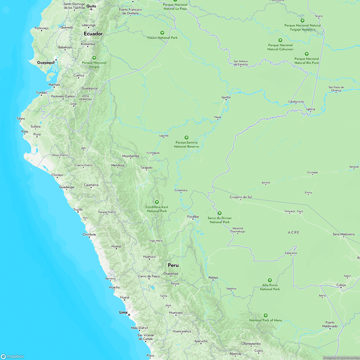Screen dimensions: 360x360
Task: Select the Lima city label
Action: point(124,313)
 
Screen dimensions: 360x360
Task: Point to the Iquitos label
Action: point(226,97)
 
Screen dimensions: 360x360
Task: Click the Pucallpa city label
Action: point(193,217)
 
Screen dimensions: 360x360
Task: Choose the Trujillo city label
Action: point(78,209)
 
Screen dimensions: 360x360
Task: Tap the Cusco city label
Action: point(259,351)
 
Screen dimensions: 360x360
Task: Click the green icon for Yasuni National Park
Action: point(162,32)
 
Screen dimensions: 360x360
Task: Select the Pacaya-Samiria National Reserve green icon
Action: point(186,138)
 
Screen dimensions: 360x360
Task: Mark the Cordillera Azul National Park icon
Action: point(157,202)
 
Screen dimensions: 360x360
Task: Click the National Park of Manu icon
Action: point(265,315)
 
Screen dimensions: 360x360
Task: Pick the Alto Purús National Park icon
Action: point(270,280)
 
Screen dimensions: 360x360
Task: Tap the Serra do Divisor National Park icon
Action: point(219,213)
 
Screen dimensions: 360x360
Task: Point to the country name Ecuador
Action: point(93,34)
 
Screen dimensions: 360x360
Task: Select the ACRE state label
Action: point(294,232)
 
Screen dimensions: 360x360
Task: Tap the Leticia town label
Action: point(310,109)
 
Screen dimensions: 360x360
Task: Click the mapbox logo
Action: point(12,356)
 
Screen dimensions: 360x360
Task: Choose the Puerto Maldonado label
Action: point(331,325)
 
